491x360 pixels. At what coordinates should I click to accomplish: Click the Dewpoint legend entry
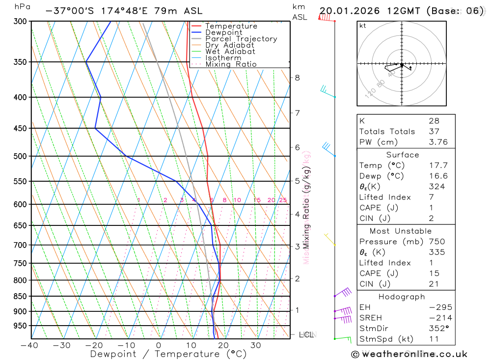(223, 32)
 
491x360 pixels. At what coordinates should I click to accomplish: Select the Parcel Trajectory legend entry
(241, 39)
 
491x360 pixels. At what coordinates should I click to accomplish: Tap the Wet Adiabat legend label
(230, 52)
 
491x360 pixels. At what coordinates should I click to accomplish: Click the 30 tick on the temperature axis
(255, 345)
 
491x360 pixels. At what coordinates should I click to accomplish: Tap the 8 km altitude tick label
(297, 78)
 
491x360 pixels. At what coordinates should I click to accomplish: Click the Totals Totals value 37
(434, 131)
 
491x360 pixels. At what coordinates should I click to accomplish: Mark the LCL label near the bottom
(306, 335)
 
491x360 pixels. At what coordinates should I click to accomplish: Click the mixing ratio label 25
(283, 200)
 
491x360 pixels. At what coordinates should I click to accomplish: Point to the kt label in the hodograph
(363, 26)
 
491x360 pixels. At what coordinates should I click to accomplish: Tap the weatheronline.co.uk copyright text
(409, 354)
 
